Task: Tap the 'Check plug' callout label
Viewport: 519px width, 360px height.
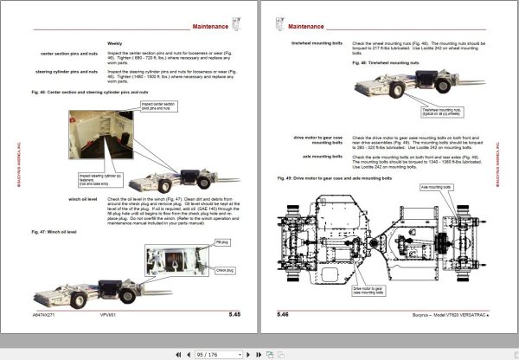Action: tap(201, 270)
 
